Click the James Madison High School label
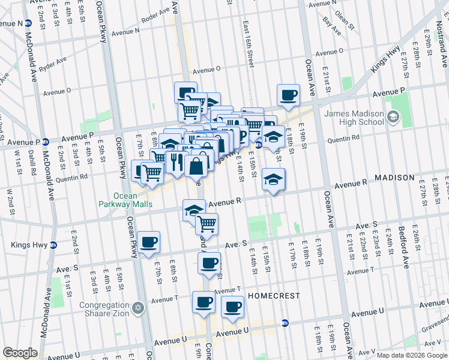[x=354, y=118]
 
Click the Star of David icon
[x=139, y=308]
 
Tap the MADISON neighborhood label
[x=394, y=178]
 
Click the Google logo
[x=20, y=353]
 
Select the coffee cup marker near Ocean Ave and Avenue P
[x=288, y=94]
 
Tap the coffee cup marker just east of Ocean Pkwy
[x=148, y=242]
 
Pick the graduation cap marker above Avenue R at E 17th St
[x=273, y=179]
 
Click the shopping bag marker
[x=196, y=166]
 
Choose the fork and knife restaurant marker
[x=176, y=162]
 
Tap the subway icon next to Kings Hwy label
[x=53, y=245]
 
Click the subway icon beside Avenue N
[x=28, y=23]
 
